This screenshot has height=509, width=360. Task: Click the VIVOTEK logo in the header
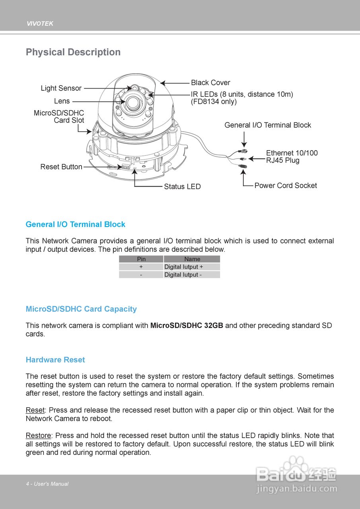point(40,24)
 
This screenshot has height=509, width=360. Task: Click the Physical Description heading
point(73,52)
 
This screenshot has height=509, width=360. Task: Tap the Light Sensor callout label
point(61,88)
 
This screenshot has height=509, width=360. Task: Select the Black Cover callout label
point(210,83)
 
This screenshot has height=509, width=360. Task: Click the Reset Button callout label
point(61,167)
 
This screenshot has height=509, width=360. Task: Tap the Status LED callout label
point(182,187)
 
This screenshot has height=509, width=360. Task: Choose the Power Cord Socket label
point(286,185)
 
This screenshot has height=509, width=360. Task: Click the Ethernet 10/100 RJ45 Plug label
point(292,157)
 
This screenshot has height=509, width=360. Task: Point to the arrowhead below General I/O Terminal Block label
point(244,145)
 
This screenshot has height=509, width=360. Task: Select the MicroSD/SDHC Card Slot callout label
point(59,117)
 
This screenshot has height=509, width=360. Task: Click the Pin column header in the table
point(141,259)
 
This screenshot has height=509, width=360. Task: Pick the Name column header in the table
point(192,259)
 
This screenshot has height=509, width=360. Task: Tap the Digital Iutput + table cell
point(184,267)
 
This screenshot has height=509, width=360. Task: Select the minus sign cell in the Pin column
point(141,275)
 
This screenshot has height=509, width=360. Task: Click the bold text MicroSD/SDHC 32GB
point(187,326)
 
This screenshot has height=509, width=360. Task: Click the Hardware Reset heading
point(55,360)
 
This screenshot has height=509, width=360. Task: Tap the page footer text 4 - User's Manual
point(47,484)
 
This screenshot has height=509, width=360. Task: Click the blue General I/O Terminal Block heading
point(75,225)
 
